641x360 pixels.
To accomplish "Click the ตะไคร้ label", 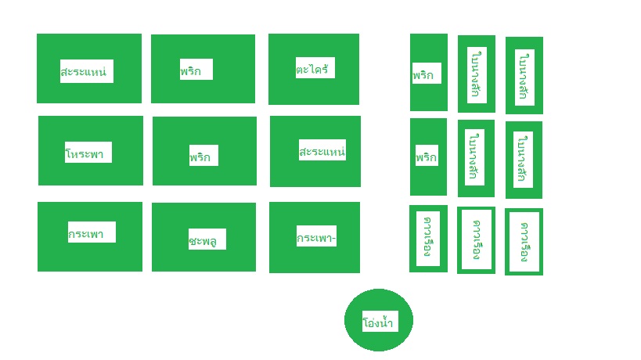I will click(315, 68).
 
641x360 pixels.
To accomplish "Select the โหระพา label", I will click(88, 152).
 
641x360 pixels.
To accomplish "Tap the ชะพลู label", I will click(207, 239).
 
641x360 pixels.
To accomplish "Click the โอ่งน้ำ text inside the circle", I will click(378, 322).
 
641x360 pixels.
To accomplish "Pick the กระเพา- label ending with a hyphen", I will click(316, 236).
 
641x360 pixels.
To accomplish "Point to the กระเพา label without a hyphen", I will click(91, 232).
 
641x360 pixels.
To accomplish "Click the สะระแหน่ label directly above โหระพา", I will click(86, 71).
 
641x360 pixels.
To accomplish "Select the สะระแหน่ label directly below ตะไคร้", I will click(322, 150).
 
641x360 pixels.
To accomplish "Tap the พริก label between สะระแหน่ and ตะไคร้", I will click(196, 70).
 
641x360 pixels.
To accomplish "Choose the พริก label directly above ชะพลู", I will click(203, 156).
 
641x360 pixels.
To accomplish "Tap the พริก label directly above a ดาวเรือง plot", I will click(427, 157).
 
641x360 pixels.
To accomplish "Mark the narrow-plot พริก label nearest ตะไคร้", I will click(427, 74).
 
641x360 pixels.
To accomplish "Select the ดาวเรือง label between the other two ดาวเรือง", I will click(476, 239).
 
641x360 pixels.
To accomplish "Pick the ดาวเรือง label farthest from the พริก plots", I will click(524, 241).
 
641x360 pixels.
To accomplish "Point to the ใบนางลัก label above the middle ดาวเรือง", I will click(474, 157).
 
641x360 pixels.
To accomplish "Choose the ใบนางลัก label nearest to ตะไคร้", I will click(474, 74).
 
